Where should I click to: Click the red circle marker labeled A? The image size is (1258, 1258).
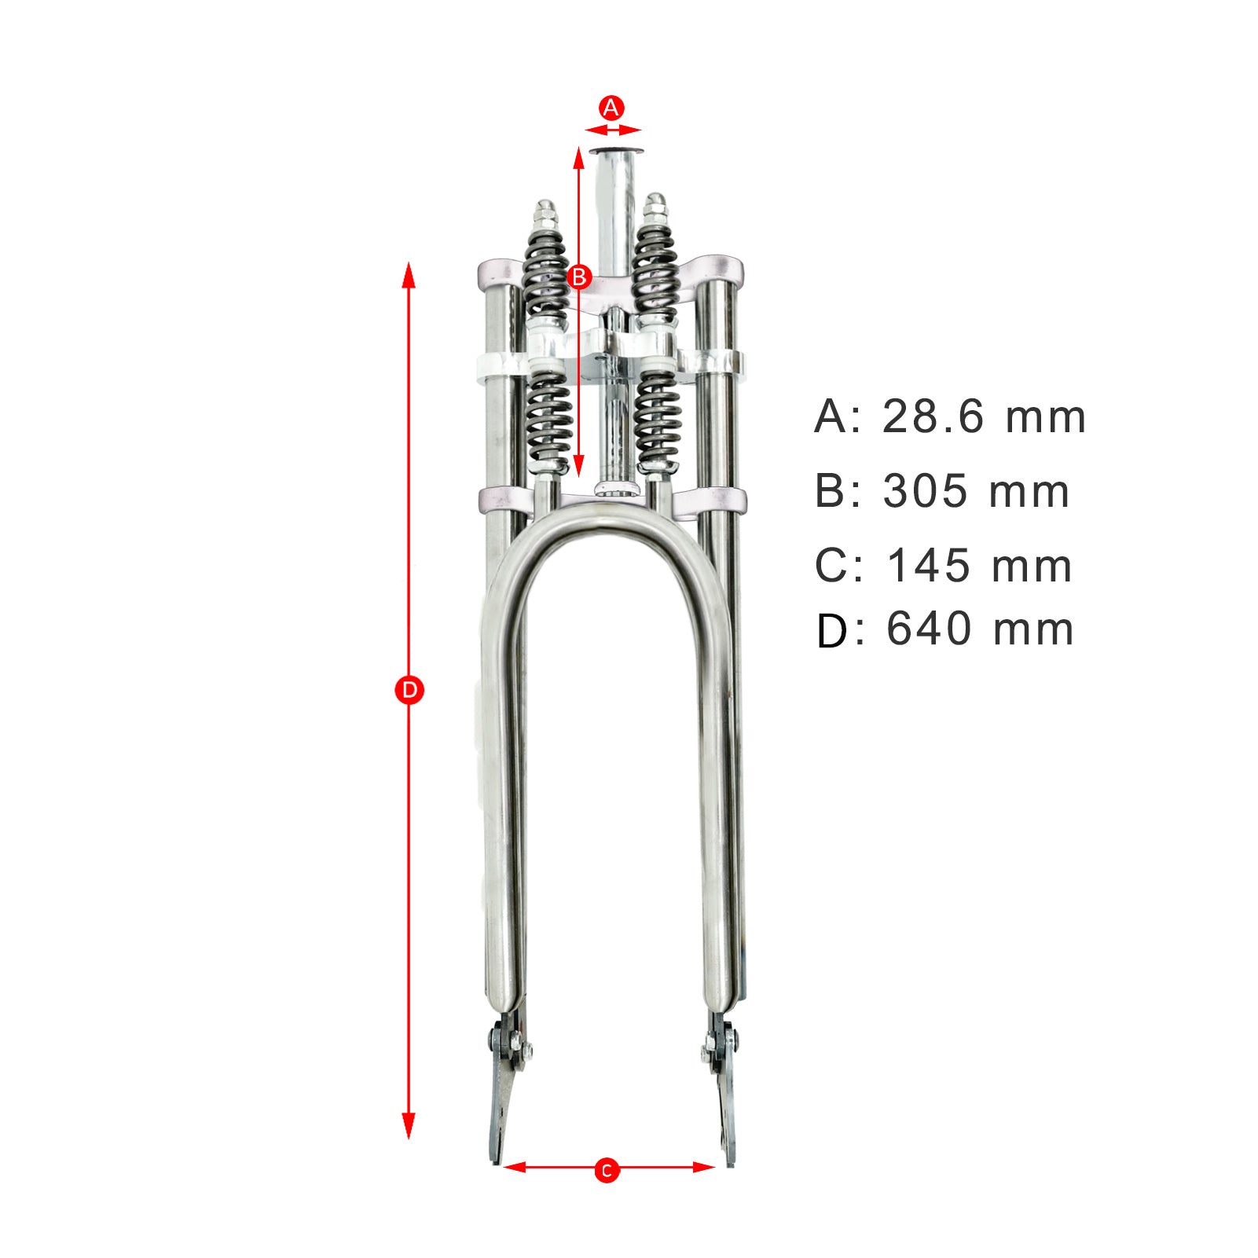pyautogui.click(x=611, y=108)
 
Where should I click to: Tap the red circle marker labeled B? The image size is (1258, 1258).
pyautogui.click(x=579, y=277)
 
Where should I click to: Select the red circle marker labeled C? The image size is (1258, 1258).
pyautogui.click(x=606, y=1171)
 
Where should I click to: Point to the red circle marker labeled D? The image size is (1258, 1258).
pyautogui.click(x=409, y=691)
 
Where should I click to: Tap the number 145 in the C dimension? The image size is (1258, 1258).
pyautogui.click(x=928, y=566)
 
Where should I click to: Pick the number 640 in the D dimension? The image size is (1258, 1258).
pyautogui.click(x=928, y=629)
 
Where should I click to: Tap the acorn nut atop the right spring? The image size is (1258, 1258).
pyautogui.click(x=655, y=206)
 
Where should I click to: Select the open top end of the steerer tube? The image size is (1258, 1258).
pyautogui.click(x=615, y=152)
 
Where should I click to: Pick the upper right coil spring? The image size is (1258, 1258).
pyautogui.click(x=655, y=271)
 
